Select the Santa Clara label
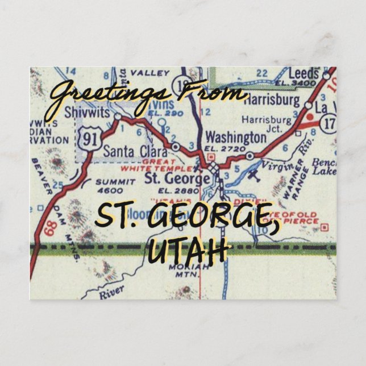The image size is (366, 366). tap(135, 152)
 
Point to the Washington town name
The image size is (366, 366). tap(235, 138)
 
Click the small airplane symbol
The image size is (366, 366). tap(253, 173)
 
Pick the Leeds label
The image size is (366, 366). tap(304, 74)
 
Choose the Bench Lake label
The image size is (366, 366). tap(324, 167)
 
